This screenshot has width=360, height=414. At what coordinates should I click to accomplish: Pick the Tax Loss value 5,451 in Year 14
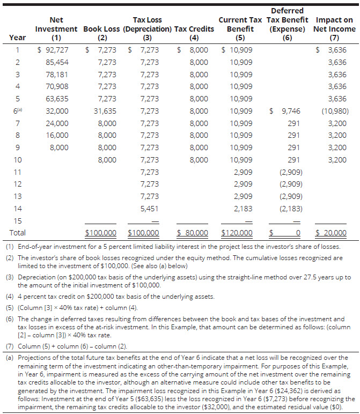point(149,208)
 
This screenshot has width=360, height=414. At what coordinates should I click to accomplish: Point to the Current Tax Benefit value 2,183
point(241,208)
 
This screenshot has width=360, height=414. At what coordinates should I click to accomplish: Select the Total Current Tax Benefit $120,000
point(237,233)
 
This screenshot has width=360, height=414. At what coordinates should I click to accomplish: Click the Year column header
point(17,38)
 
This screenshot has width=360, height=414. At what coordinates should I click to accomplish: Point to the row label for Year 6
point(18,111)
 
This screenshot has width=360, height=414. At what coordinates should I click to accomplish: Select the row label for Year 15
point(17,220)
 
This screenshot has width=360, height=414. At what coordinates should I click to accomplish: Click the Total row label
point(17,233)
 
